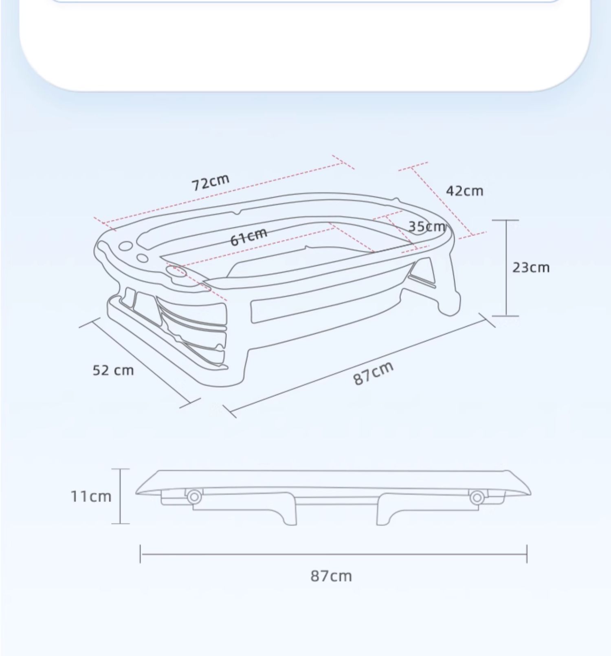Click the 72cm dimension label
(211, 182)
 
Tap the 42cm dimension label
(464, 191)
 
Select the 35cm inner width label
(426, 226)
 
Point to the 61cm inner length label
(249, 237)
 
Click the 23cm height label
(531, 268)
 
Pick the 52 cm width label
(113, 371)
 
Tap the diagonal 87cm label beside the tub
(373, 373)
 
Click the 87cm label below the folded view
(331, 576)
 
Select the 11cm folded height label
(91, 496)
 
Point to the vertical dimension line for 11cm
(121, 496)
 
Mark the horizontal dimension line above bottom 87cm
(333, 554)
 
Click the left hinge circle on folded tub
(194, 497)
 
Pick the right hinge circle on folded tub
(477, 497)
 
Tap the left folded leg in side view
(281, 513)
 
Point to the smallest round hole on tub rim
(142, 258)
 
